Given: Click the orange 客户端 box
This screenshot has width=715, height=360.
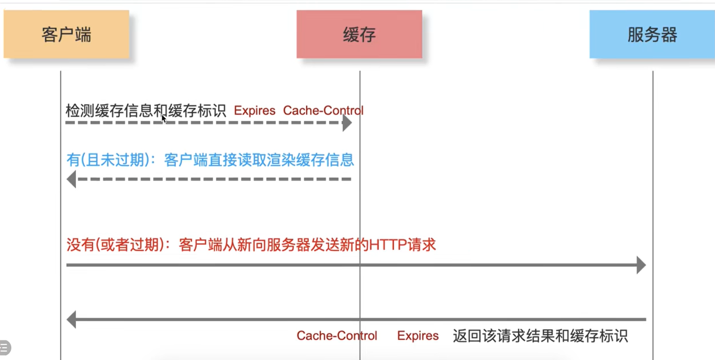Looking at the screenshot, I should (x=66, y=34).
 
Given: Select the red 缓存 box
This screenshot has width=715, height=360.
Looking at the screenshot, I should (x=359, y=34).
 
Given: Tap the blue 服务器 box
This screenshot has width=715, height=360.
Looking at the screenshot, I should (x=652, y=34).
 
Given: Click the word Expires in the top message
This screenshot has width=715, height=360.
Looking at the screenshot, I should (x=254, y=111).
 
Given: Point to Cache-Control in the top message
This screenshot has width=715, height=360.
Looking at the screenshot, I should (x=323, y=111).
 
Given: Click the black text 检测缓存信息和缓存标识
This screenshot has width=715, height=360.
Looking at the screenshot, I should (x=146, y=111).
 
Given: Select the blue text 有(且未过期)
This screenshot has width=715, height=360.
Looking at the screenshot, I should (x=108, y=160).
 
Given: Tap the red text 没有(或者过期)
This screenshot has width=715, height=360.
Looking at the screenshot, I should (x=115, y=245).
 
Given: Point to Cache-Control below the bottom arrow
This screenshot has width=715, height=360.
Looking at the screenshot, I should (x=337, y=336).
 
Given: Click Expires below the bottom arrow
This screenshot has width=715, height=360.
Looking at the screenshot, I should (x=418, y=336).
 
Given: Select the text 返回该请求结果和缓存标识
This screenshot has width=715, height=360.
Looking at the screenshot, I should (x=540, y=336).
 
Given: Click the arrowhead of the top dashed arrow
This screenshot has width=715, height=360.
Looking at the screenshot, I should (x=347, y=123).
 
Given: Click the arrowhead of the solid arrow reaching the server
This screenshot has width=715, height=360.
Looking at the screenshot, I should (x=641, y=265).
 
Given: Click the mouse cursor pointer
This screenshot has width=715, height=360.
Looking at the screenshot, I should (x=164, y=119).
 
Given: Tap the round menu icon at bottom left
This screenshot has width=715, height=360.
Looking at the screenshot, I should (x=4, y=348).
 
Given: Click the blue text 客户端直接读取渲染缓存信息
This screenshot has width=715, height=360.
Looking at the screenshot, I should (x=259, y=160).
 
